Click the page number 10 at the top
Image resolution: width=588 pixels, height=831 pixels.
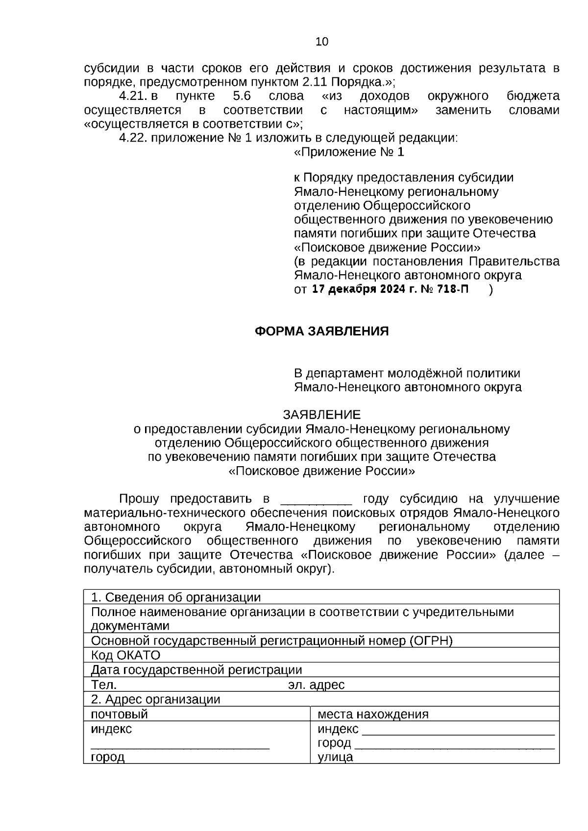click(x=322, y=42)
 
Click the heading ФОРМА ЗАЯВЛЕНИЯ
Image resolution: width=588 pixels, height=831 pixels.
click(x=321, y=332)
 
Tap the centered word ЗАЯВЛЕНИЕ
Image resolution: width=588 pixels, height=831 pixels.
click(x=321, y=415)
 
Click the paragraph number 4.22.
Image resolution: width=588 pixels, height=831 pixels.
click(x=133, y=138)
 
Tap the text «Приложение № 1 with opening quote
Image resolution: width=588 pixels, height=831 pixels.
click(x=349, y=152)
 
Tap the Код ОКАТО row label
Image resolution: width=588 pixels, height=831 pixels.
click(x=126, y=655)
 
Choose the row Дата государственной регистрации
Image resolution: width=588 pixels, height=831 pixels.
click(x=196, y=670)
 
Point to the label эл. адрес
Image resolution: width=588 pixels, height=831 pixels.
click(x=316, y=685)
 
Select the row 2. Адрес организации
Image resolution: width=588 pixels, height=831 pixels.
click(x=156, y=699)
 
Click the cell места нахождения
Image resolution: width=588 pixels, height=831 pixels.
click(x=373, y=714)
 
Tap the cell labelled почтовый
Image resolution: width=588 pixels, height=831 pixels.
click(x=120, y=714)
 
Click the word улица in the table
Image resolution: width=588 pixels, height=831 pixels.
click(x=335, y=757)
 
